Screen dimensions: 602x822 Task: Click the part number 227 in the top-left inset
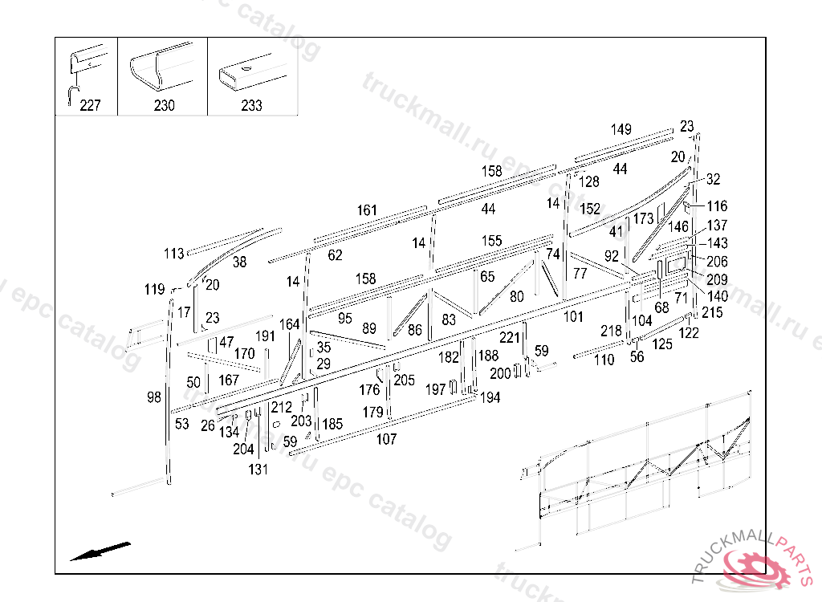point(91,105)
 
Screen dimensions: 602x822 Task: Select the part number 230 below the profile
point(164,105)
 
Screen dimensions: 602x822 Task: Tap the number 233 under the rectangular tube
point(251,105)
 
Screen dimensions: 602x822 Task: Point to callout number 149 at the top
point(621,129)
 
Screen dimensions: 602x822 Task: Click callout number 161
point(367,210)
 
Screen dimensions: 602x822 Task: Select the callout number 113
point(174,254)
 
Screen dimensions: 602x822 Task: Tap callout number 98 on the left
point(154,397)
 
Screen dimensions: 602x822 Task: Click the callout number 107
point(386,439)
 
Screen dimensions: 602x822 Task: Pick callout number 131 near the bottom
point(258,470)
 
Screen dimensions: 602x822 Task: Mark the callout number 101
point(572,316)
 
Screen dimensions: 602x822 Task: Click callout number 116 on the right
point(717,206)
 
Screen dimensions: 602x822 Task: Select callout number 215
point(712,312)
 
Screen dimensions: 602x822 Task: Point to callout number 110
point(604,360)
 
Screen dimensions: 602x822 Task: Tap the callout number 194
point(490,397)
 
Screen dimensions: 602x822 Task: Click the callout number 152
point(590,209)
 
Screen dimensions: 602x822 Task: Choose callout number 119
point(154,289)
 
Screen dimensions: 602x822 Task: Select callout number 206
point(717,262)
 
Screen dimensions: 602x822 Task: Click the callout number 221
point(510,337)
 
